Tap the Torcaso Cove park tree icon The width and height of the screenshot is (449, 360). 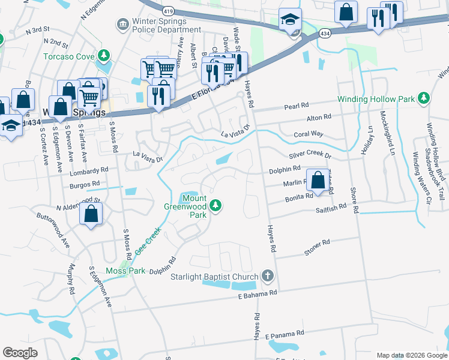click(104, 56)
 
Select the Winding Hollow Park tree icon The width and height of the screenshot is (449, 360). click(424, 98)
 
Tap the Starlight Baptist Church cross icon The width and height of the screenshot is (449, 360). click(268, 277)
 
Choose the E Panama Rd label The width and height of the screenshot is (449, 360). click(285, 332)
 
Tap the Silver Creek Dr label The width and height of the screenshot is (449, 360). click(310, 155)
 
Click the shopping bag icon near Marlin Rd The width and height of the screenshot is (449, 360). click(317, 179)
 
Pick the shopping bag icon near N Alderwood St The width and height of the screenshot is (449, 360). click(91, 213)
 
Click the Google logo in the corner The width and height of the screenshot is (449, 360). click(20, 353)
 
